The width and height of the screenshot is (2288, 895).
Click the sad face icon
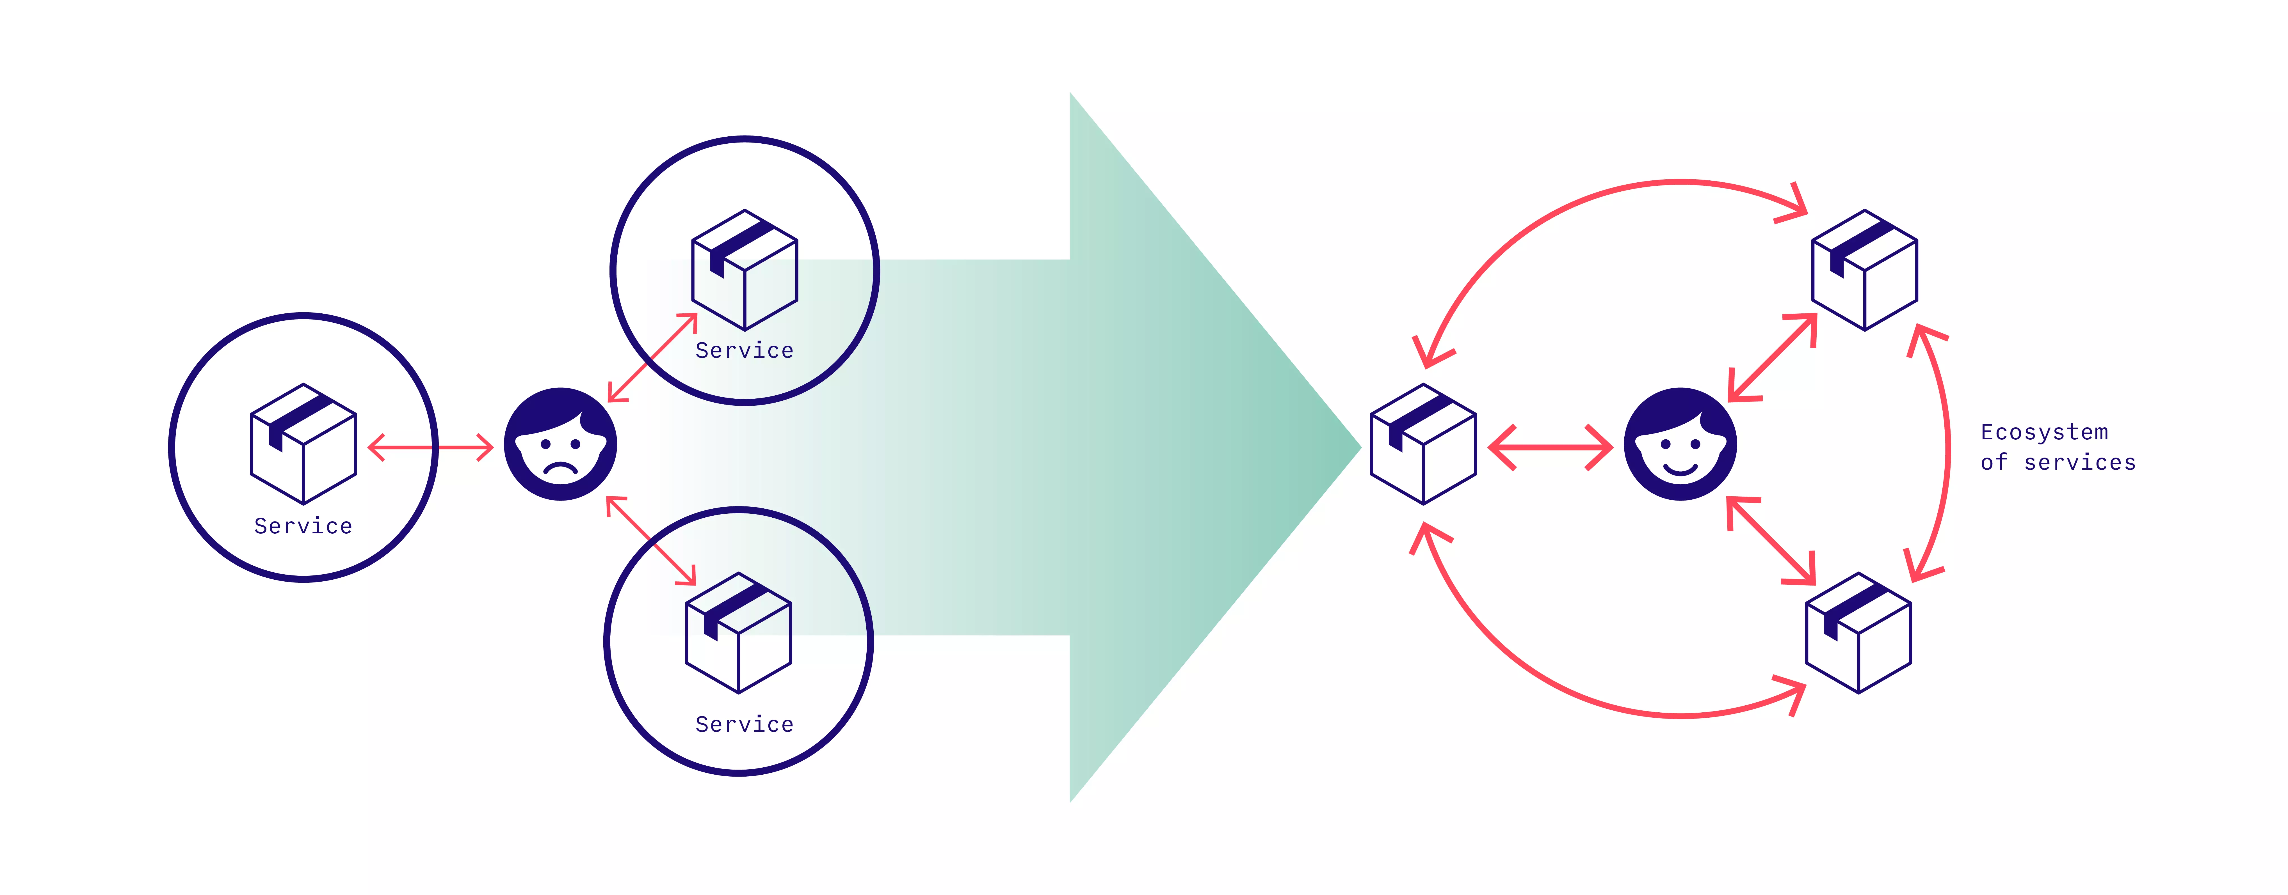coord(560,444)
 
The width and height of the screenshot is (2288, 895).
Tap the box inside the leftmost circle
coord(304,444)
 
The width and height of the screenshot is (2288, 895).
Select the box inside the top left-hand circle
coord(744,270)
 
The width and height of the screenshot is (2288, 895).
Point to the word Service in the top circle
coord(744,351)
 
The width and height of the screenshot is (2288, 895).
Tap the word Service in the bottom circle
coord(744,724)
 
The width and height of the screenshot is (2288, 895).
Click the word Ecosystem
coord(2044,432)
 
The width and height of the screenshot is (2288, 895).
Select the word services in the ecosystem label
coord(2079,463)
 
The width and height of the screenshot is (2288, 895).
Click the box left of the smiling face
coord(1423,444)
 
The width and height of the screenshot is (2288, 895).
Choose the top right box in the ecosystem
coord(1864,270)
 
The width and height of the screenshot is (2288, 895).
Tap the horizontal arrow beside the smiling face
coord(1550,448)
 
